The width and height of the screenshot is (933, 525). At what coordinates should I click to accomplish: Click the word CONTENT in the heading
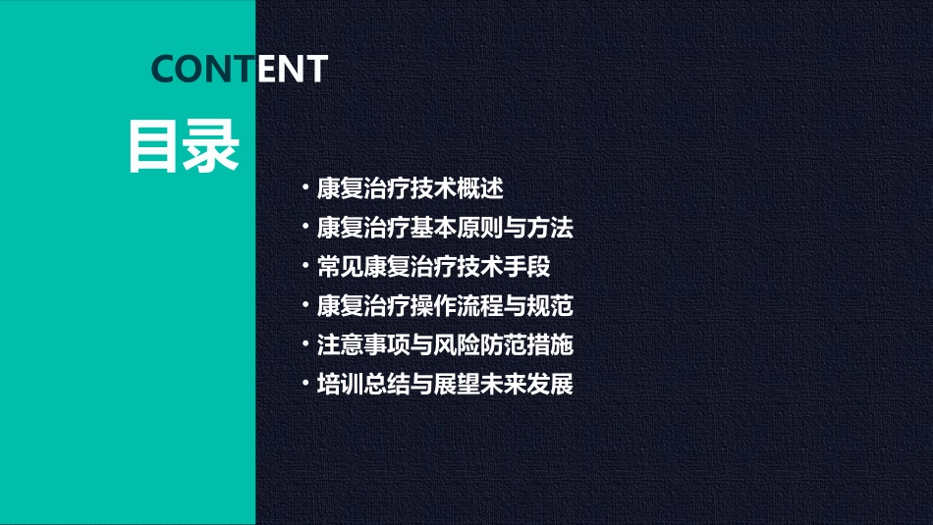click(x=240, y=69)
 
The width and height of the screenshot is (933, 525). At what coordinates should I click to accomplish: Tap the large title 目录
click(x=184, y=147)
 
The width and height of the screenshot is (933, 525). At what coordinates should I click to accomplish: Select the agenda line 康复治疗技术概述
click(x=410, y=188)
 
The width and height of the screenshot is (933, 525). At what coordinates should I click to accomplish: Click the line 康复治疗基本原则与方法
click(x=445, y=228)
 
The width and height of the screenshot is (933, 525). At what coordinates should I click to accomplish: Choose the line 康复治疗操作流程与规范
click(x=445, y=306)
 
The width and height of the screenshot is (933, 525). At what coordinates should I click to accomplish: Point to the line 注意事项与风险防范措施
click(x=445, y=345)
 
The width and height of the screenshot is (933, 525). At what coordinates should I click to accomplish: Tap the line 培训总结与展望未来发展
click(x=445, y=384)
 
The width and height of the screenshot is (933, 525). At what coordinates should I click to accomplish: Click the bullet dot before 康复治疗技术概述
click(x=306, y=188)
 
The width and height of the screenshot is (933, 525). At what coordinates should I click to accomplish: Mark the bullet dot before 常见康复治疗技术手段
click(x=306, y=267)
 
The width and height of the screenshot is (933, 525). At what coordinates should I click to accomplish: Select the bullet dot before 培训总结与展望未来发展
click(x=306, y=384)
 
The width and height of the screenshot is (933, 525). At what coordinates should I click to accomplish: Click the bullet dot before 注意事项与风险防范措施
click(x=306, y=345)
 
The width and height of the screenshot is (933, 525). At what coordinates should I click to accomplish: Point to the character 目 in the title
click(x=154, y=147)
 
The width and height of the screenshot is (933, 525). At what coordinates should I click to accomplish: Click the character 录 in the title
click(x=212, y=147)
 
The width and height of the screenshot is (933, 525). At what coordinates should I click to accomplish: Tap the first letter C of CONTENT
click(x=164, y=69)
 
